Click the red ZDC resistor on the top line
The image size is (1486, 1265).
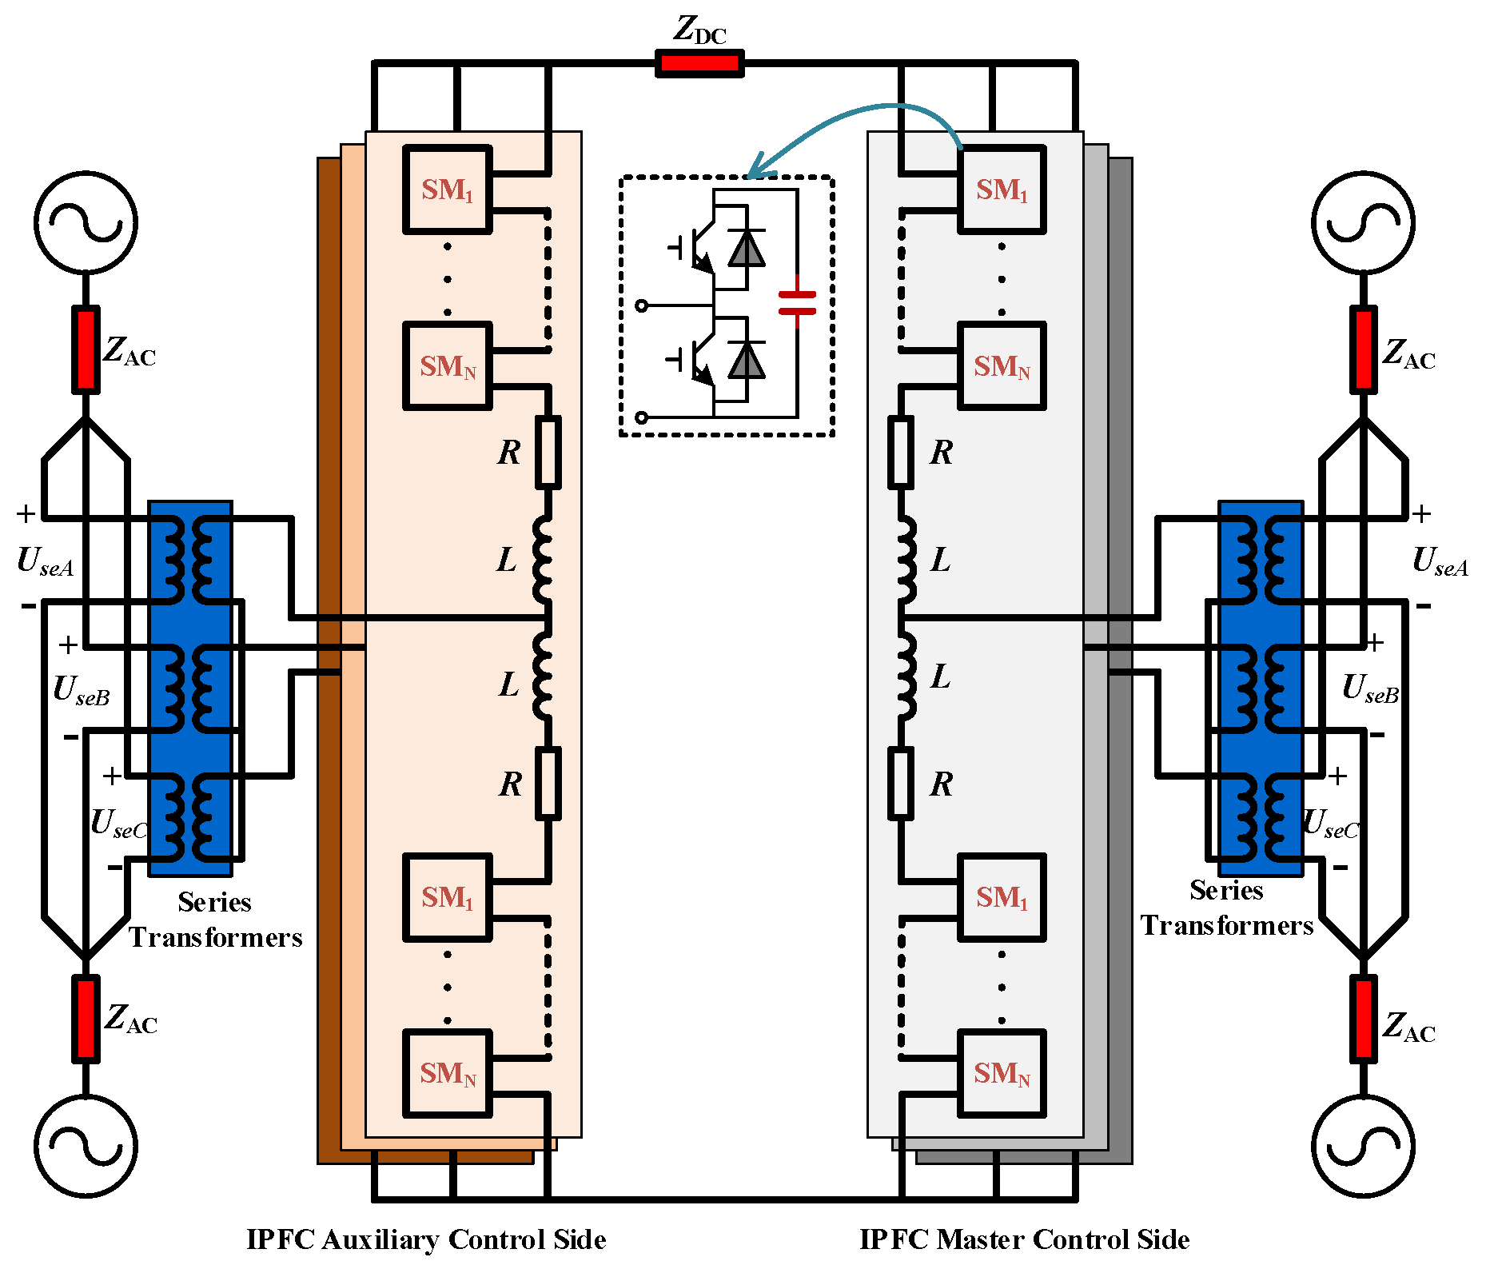pos(699,63)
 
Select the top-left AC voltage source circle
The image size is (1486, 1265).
pos(86,222)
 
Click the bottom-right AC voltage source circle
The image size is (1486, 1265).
pos(1364,1145)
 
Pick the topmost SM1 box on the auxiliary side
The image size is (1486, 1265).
pos(447,190)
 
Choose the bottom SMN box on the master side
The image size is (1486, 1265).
pos(1002,1073)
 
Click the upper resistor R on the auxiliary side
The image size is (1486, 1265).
pos(548,452)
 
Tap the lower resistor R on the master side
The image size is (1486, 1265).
pos(901,784)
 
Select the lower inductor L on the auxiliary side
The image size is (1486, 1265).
pos(543,676)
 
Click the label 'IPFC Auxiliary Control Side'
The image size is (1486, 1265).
pos(426,1239)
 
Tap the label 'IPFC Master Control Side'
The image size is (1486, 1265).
pos(1024,1239)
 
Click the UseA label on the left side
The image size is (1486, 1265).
pos(46,561)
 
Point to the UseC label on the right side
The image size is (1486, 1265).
pos(1331,824)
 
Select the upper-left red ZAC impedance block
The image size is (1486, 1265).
pos(86,349)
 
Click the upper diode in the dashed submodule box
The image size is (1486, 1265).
pos(747,248)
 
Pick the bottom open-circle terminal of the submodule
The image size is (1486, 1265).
pos(641,417)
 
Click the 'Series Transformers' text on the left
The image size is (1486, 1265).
pos(215,920)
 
